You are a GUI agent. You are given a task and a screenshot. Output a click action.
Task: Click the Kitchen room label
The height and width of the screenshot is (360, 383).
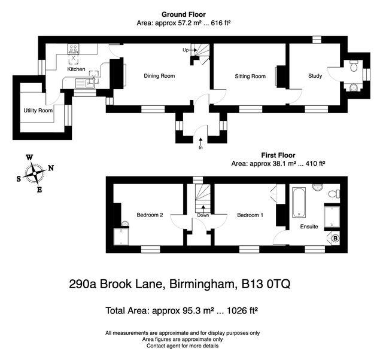click(x=76, y=69)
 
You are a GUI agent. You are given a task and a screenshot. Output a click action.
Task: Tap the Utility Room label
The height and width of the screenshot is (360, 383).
click(x=38, y=111)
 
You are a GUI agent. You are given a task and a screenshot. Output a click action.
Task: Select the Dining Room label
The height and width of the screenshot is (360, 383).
click(x=159, y=76)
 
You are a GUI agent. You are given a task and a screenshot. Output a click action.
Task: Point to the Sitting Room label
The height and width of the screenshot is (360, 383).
click(x=250, y=76)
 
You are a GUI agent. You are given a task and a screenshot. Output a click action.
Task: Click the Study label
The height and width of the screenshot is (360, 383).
click(x=315, y=76)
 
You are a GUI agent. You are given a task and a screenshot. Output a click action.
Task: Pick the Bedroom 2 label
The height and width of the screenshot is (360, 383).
click(x=150, y=215)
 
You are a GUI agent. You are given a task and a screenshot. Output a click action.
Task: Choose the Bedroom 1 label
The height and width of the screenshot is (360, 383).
click(x=250, y=215)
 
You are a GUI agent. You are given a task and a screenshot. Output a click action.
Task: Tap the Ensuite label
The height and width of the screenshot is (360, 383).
click(x=309, y=227)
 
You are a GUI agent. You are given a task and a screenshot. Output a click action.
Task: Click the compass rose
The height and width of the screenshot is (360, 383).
click(x=36, y=173)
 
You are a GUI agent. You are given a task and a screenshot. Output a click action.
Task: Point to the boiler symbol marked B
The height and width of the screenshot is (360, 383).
click(x=336, y=239)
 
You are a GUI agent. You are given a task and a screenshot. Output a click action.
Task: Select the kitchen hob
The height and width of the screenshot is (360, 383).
click(x=75, y=50)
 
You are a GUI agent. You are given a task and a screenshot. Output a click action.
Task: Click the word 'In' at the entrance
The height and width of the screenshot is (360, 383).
click(x=200, y=147)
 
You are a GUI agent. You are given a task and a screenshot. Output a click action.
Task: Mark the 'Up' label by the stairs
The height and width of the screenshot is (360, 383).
click(x=186, y=50)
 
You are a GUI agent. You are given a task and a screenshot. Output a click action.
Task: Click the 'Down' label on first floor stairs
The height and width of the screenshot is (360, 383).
click(x=203, y=215)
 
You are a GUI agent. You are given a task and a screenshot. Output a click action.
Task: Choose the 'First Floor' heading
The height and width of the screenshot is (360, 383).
click(x=278, y=155)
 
